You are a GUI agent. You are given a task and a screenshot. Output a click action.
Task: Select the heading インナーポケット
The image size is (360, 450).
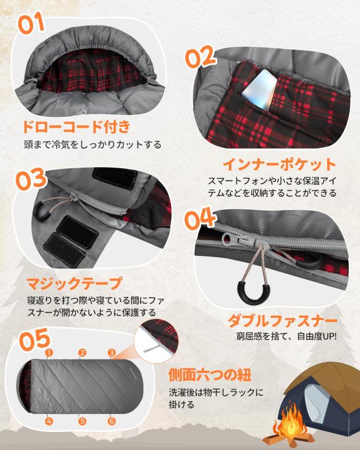(x=279, y=164)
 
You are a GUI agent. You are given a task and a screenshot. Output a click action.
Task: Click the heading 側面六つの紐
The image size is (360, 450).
(x=215, y=374)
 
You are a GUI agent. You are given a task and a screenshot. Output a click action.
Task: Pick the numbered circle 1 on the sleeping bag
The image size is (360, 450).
(x=49, y=353)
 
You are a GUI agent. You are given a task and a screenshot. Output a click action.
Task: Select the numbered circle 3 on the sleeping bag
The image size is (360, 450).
(x=112, y=353)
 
